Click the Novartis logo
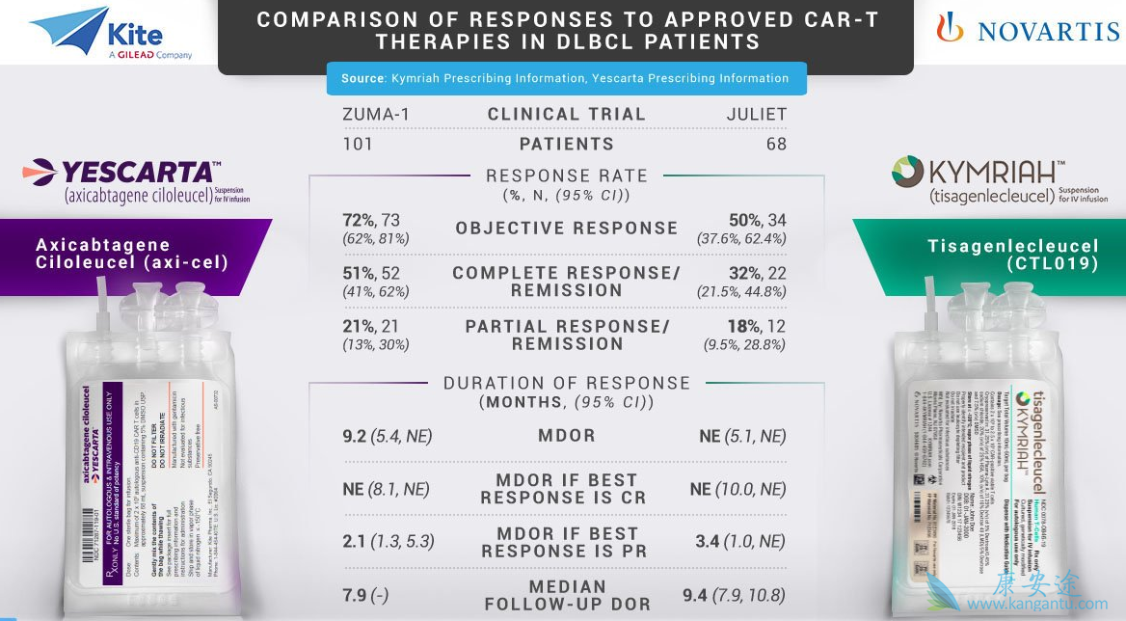coord(1028,31)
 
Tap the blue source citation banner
coord(566,78)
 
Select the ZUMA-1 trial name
coord(376,114)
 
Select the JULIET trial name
coord(756,114)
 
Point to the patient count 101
coord(358,144)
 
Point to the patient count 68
coord(776,144)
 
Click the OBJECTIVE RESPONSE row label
coord(566,229)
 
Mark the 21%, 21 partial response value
coord(370,327)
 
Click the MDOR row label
coord(566,436)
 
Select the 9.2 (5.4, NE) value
coord(387,436)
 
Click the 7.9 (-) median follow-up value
coord(364,595)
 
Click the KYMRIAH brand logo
coord(999,179)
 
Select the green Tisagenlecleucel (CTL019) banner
coord(993,254)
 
